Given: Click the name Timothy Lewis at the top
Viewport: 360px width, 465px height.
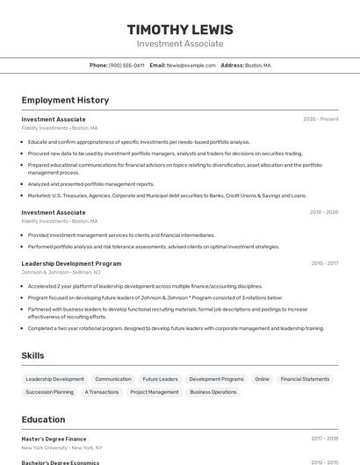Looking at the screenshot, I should [x=180, y=29].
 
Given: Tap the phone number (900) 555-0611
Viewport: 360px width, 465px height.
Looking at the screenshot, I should [x=126, y=65].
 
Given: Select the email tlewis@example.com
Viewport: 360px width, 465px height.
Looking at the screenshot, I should [x=191, y=65].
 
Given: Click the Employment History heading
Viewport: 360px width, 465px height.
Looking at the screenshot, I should [x=65, y=100].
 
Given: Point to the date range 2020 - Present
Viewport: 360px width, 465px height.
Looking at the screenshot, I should [x=320, y=119].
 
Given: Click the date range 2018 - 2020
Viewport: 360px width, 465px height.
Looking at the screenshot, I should [x=323, y=212].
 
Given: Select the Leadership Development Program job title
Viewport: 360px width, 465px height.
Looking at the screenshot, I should [x=71, y=263].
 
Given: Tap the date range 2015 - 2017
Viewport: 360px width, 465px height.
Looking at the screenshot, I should [x=324, y=263].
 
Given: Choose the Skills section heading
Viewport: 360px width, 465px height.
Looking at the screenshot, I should [x=33, y=355].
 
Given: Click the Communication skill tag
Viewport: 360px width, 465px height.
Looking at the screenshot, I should [x=113, y=379].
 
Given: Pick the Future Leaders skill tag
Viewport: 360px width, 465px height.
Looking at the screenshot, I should [x=160, y=379].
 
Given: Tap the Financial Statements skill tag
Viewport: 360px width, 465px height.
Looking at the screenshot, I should [x=305, y=379].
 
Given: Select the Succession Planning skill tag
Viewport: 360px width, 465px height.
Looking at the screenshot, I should [x=50, y=392].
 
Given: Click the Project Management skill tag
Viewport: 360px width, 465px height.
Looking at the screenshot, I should [x=155, y=392].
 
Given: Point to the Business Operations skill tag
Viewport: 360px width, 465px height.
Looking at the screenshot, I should [x=213, y=392].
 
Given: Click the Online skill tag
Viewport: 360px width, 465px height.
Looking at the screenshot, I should [x=262, y=379].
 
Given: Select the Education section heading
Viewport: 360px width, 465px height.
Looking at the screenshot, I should [x=43, y=419].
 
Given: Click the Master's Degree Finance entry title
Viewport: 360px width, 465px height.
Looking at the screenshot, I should [x=54, y=438].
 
